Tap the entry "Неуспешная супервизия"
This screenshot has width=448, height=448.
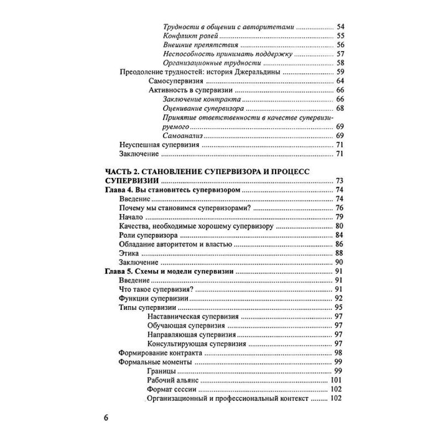click(x=159, y=144)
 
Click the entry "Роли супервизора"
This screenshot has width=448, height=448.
click(x=147, y=235)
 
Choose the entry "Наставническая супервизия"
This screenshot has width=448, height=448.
click(x=193, y=317)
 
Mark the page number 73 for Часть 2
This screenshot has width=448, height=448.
click(x=339, y=180)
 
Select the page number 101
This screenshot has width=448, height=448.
click(x=337, y=380)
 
